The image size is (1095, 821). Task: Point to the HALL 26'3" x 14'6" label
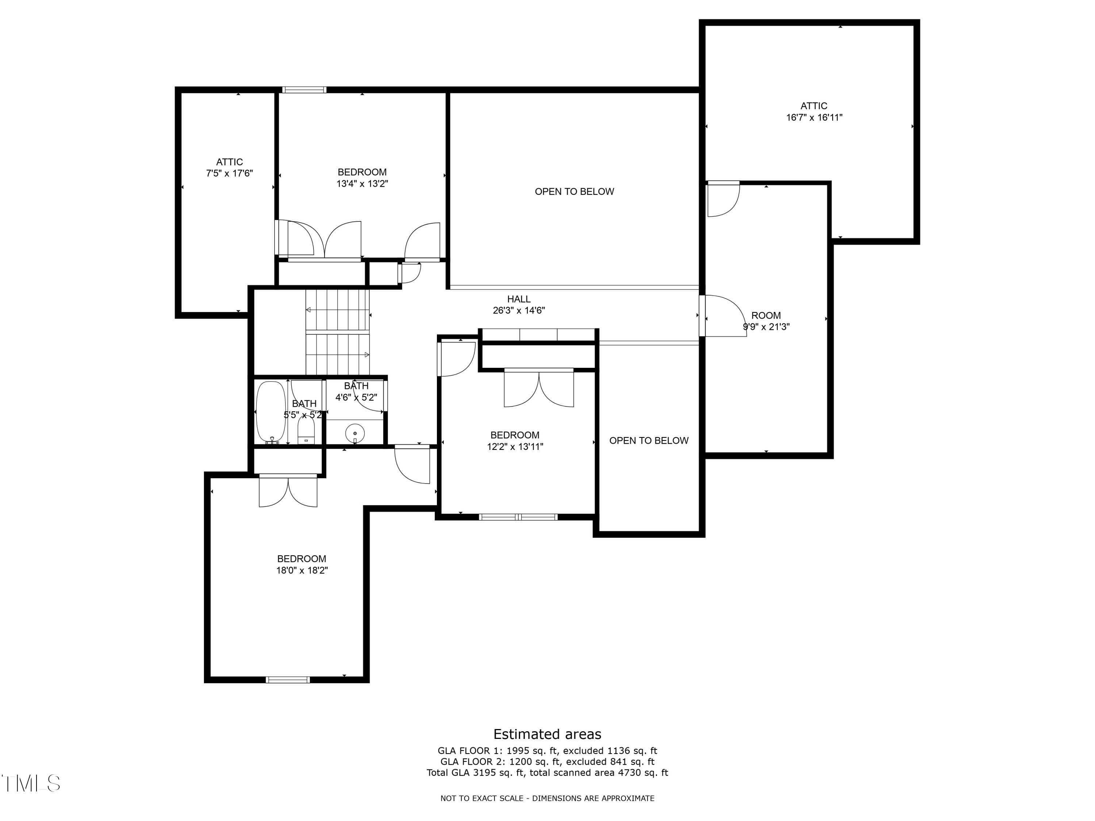pyautogui.click(x=518, y=305)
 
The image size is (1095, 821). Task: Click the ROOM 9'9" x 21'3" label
pyautogui.click(x=766, y=321)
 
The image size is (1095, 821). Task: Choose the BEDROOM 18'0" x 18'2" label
pyautogui.click(x=301, y=564)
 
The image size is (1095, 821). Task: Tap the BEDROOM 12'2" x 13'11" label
pyautogui.click(x=515, y=441)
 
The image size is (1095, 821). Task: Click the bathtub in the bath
pyautogui.click(x=271, y=413)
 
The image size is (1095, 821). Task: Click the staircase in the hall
pyautogui.click(x=338, y=332)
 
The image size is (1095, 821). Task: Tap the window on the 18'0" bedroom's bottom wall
pyautogui.click(x=288, y=679)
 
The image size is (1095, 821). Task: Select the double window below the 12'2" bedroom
pyautogui.click(x=518, y=517)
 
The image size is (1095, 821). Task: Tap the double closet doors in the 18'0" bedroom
pyautogui.click(x=288, y=490)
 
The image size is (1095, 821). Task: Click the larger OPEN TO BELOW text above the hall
pyautogui.click(x=574, y=192)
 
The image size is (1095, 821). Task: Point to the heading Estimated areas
pyautogui.click(x=547, y=734)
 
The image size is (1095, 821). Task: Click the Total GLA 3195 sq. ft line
pyautogui.click(x=547, y=772)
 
